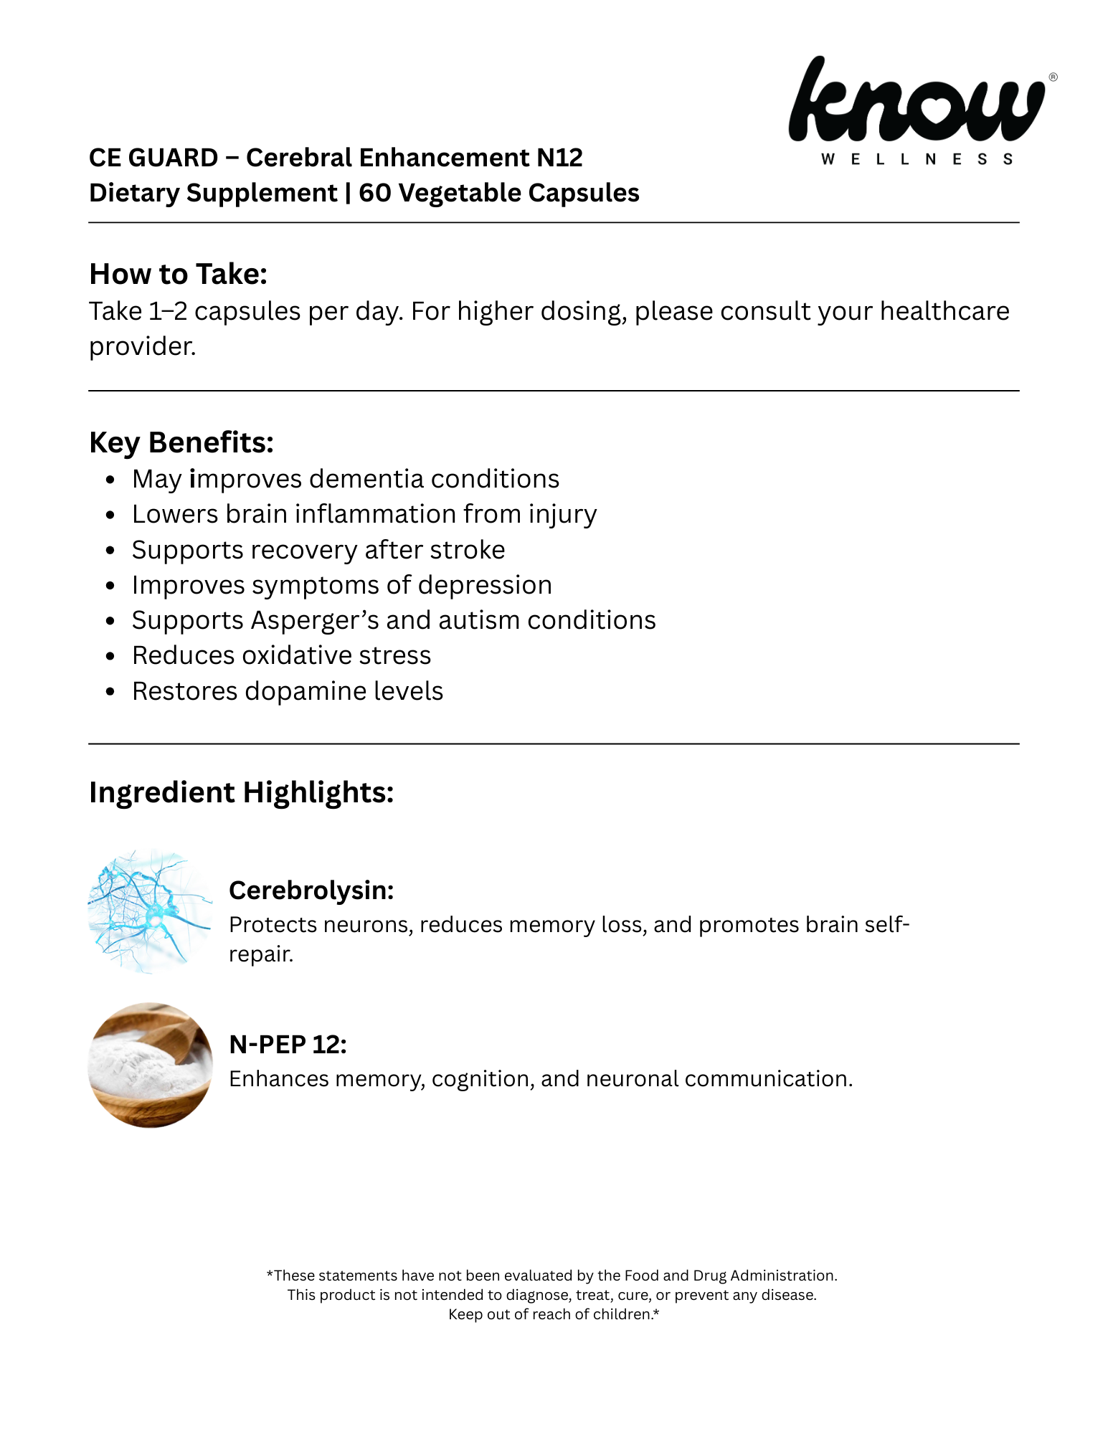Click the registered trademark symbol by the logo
click(1053, 77)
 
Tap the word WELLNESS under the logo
click(917, 159)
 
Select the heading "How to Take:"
click(178, 274)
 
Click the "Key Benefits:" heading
click(181, 442)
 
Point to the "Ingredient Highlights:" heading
click(241, 792)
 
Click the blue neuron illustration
click(150, 911)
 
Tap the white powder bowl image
click(150, 1065)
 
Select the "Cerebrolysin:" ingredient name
click(311, 890)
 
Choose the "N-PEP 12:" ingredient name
click(288, 1044)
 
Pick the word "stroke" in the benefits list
click(468, 550)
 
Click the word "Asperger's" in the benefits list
click(315, 620)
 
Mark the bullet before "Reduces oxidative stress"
click(110, 656)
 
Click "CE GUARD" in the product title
click(153, 158)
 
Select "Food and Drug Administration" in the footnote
click(730, 1276)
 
